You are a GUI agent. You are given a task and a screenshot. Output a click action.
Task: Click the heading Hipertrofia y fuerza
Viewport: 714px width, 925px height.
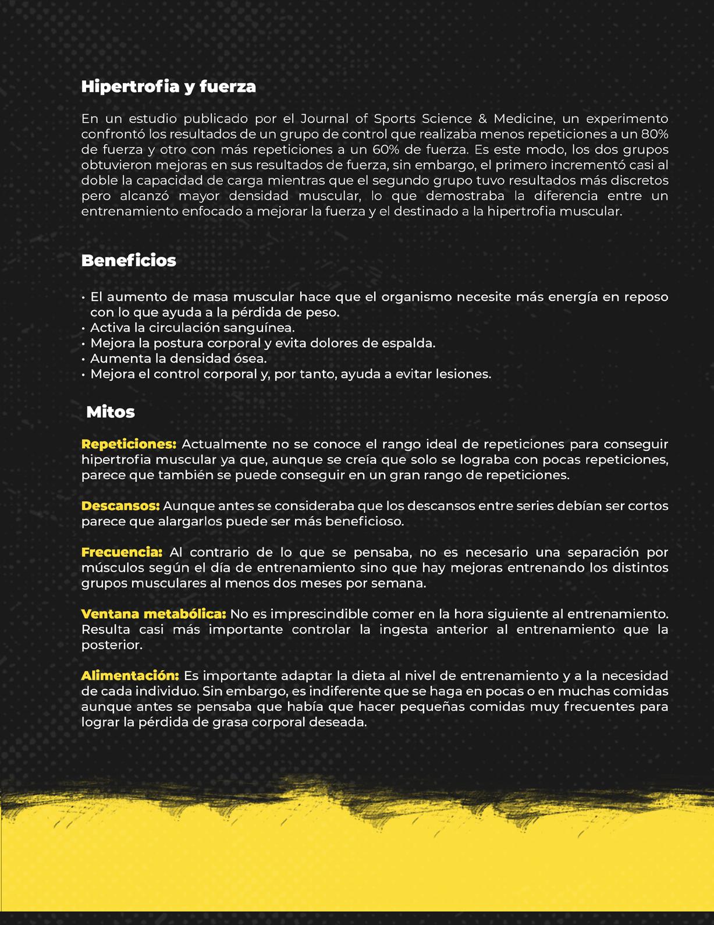tap(168, 87)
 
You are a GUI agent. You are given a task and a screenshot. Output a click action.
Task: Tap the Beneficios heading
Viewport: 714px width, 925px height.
tap(129, 260)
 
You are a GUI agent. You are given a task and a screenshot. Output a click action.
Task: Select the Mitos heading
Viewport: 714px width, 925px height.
tap(111, 412)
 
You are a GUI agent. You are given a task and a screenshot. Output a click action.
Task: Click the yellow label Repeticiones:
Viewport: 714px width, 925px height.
tap(129, 444)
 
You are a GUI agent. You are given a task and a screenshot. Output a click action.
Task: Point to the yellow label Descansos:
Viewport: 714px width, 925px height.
tap(120, 506)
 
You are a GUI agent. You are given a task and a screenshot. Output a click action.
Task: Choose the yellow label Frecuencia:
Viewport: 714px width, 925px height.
tap(122, 552)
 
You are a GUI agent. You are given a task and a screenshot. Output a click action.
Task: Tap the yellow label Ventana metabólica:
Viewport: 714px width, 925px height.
tap(154, 614)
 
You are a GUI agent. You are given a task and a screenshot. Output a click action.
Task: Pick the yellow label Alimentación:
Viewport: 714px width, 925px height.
tap(130, 676)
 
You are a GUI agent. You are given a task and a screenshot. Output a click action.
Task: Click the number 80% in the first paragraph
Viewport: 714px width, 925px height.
tap(653, 134)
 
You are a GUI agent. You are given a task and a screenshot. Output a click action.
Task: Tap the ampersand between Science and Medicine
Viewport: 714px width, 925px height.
tap(482, 119)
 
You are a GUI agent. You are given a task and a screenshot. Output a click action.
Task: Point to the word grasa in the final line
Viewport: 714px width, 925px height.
tap(235, 722)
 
